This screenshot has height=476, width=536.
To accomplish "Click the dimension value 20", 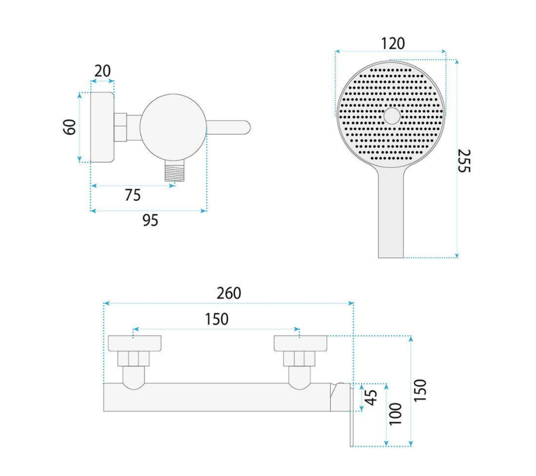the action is tap(102, 70).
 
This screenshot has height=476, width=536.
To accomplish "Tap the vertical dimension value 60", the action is tap(70, 127).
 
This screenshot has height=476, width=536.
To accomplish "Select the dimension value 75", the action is tap(133, 195).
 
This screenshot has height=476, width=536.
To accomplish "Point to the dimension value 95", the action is tap(150, 220).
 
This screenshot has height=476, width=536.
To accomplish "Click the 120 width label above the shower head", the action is tap(393, 44).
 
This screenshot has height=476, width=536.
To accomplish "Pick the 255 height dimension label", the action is tap(464, 161).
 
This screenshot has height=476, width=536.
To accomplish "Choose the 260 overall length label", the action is tap(229, 293).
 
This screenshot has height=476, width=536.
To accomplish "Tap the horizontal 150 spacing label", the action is tap(217, 319).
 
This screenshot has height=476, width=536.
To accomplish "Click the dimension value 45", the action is tap(371, 397).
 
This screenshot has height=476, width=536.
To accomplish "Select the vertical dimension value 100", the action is tap(396, 414).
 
